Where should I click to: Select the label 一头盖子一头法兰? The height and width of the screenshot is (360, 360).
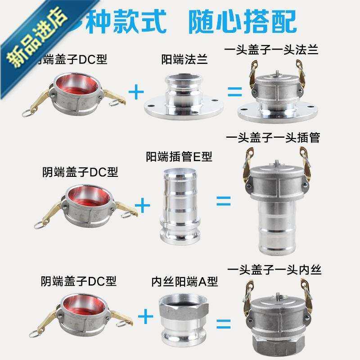pyautogui.click(x=274, y=49)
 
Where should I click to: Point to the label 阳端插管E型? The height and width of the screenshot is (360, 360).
pyautogui.click(x=179, y=157)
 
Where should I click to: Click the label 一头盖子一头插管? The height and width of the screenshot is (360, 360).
pyautogui.click(x=274, y=138)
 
